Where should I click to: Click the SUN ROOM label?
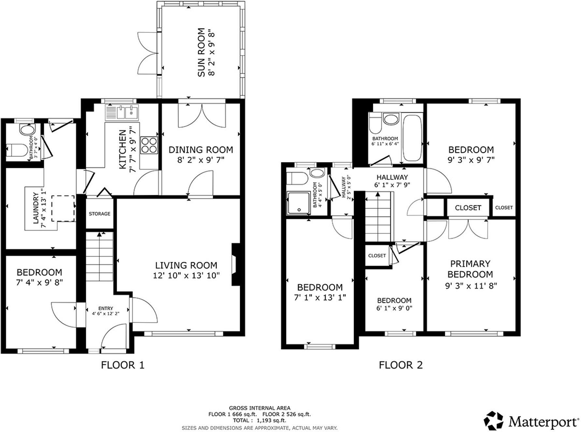pyautogui.click(x=202, y=52)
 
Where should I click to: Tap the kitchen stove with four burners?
pyautogui.click(x=149, y=145)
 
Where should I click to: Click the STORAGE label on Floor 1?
pyautogui.click(x=100, y=214)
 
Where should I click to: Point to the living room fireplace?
pyautogui.click(x=235, y=265)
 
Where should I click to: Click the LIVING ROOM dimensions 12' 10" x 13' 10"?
pyautogui.click(x=186, y=276)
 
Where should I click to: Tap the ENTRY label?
pyautogui.click(x=106, y=308)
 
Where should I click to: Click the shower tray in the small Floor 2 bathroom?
pyautogui.click(x=298, y=203)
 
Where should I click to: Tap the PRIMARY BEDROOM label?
pyautogui.click(x=470, y=269)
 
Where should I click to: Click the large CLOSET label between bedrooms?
pyautogui.click(x=468, y=208)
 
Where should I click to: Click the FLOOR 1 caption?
pyautogui.click(x=122, y=365)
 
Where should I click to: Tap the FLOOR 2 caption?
pyautogui.click(x=401, y=365)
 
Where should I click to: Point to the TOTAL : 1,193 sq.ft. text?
pyautogui.click(x=259, y=420)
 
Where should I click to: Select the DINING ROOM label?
pyautogui.click(x=201, y=150)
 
